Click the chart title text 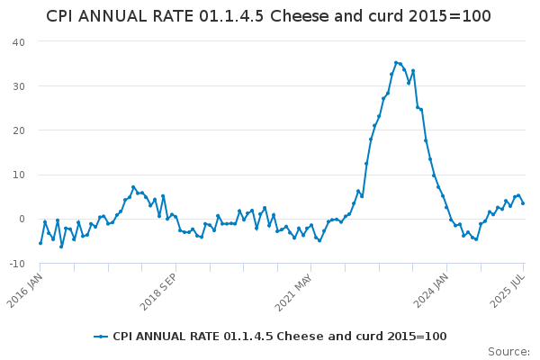[x=268, y=16]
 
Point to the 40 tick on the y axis [x=18, y=42]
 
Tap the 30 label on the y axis [x=18, y=86]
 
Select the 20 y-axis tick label [x=18, y=130]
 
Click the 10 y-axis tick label [x=18, y=175]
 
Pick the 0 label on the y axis [x=22, y=219]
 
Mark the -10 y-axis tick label [x=16, y=263]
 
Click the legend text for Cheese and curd [x=279, y=337]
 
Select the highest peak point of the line [x=396, y=62]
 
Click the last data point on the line [x=523, y=203]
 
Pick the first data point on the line [x=40, y=243]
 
